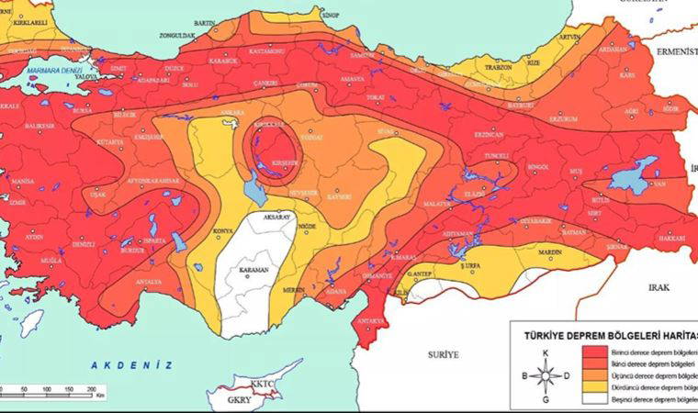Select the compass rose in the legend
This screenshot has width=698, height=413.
(546, 374)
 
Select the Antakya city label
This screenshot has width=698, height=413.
(371, 321)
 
